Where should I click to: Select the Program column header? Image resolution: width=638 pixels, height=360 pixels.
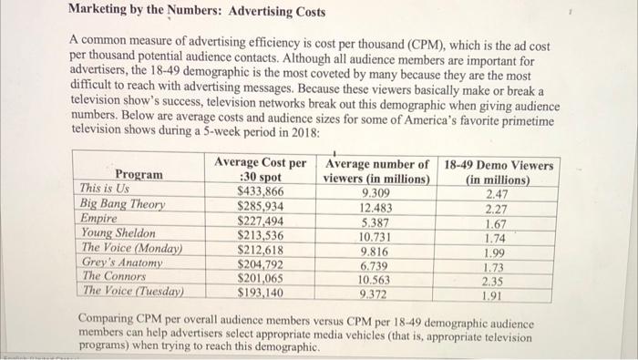click(139, 175)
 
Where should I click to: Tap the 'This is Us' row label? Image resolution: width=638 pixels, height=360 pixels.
click(107, 190)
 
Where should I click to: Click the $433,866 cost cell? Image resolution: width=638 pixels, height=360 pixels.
click(261, 191)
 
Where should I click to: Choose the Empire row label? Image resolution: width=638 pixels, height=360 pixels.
click(99, 219)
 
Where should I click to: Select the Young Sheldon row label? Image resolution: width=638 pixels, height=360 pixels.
click(118, 233)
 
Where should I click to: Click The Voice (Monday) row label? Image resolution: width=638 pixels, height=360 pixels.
click(132, 248)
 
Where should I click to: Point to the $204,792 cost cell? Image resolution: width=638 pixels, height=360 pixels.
click(261, 264)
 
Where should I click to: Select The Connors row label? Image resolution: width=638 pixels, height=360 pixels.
click(114, 276)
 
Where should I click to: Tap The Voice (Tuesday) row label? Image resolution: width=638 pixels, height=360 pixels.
click(132, 291)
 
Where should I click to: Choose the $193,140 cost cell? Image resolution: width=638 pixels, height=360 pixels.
click(261, 293)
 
